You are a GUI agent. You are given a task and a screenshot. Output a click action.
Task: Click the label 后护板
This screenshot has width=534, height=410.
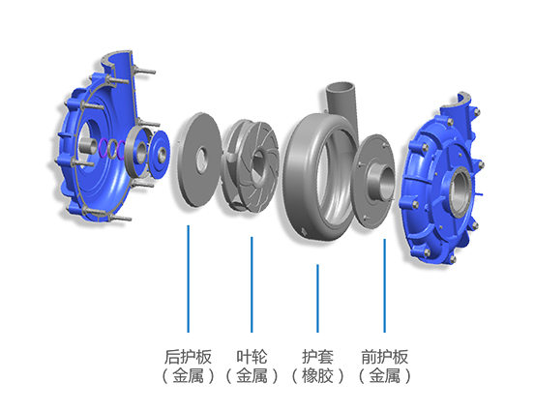[x=188, y=357]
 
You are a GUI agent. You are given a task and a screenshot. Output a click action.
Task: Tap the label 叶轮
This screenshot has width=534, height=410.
[x=252, y=357]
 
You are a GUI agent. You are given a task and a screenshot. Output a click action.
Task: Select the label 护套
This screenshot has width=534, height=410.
[x=317, y=357]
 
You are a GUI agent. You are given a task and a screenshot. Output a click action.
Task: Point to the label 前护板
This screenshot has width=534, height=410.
[x=384, y=357]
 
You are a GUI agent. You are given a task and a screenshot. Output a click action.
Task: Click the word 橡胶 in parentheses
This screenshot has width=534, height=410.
[x=317, y=376]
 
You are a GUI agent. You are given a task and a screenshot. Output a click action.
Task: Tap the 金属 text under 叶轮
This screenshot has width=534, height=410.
[x=252, y=376]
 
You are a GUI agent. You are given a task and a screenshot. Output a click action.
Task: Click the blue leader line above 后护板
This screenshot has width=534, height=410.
[x=188, y=278]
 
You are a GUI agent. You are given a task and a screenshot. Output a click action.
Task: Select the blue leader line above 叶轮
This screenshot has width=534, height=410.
[x=252, y=284]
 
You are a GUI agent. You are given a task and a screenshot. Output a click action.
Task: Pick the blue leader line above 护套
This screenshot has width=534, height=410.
[x=317, y=298]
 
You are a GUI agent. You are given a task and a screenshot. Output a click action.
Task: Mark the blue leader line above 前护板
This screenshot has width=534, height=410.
[x=384, y=285]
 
